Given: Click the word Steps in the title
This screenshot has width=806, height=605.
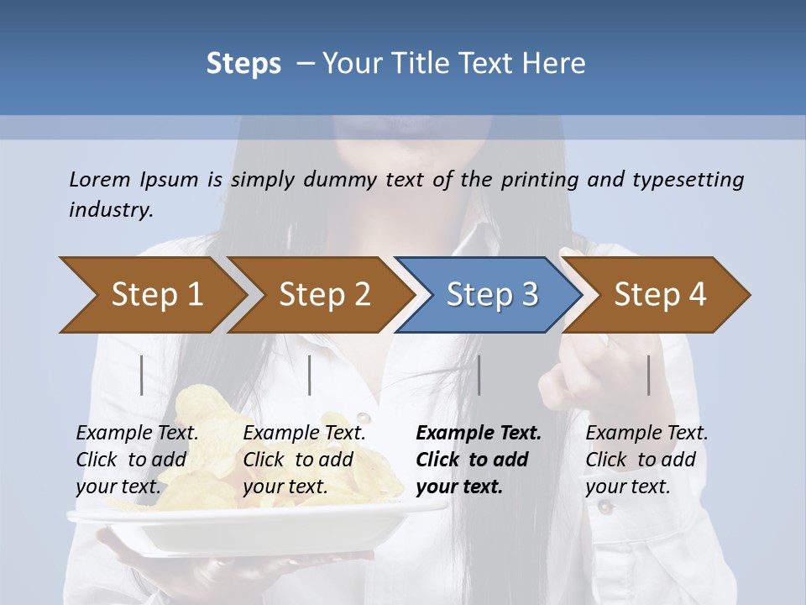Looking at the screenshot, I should [x=243, y=64].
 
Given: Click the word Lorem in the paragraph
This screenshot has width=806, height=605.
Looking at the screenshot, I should [x=100, y=179].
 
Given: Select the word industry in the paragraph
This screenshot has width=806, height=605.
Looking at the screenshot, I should [x=111, y=210].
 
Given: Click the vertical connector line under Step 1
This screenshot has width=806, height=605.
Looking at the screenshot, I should [x=142, y=375].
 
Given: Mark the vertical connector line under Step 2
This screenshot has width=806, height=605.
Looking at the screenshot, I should [x=310, y=375].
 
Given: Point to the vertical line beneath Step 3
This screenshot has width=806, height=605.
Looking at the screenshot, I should [x=479, y=375].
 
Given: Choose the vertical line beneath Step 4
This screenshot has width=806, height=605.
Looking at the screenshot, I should [x=649, y=375].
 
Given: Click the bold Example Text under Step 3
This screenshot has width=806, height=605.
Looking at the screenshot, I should [x=479, y=434].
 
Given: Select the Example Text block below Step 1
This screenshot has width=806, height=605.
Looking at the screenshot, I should [x=137, y=460].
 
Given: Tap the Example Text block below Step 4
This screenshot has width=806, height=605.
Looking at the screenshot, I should [x=646, y=460].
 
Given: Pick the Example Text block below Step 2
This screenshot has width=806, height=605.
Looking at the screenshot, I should [x=304, y=460].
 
